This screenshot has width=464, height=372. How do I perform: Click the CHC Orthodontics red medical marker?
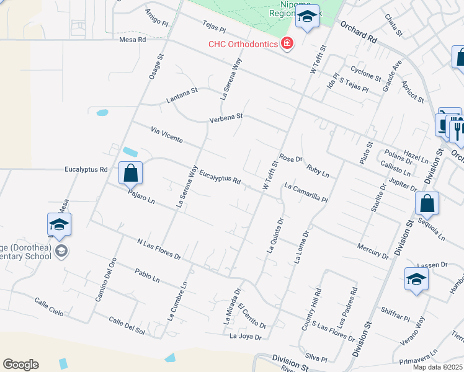(287, 43)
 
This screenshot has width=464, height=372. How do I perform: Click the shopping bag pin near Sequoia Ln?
(427, 203)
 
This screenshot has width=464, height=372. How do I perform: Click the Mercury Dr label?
(373, 251)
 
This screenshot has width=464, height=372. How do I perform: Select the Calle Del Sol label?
(127, 325)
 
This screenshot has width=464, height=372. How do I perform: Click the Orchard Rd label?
(359, 33)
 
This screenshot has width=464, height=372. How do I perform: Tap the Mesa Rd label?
(132, 39)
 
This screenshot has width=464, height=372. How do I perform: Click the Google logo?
(20, 365)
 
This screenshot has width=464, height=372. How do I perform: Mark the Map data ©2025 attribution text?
(438, 367)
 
